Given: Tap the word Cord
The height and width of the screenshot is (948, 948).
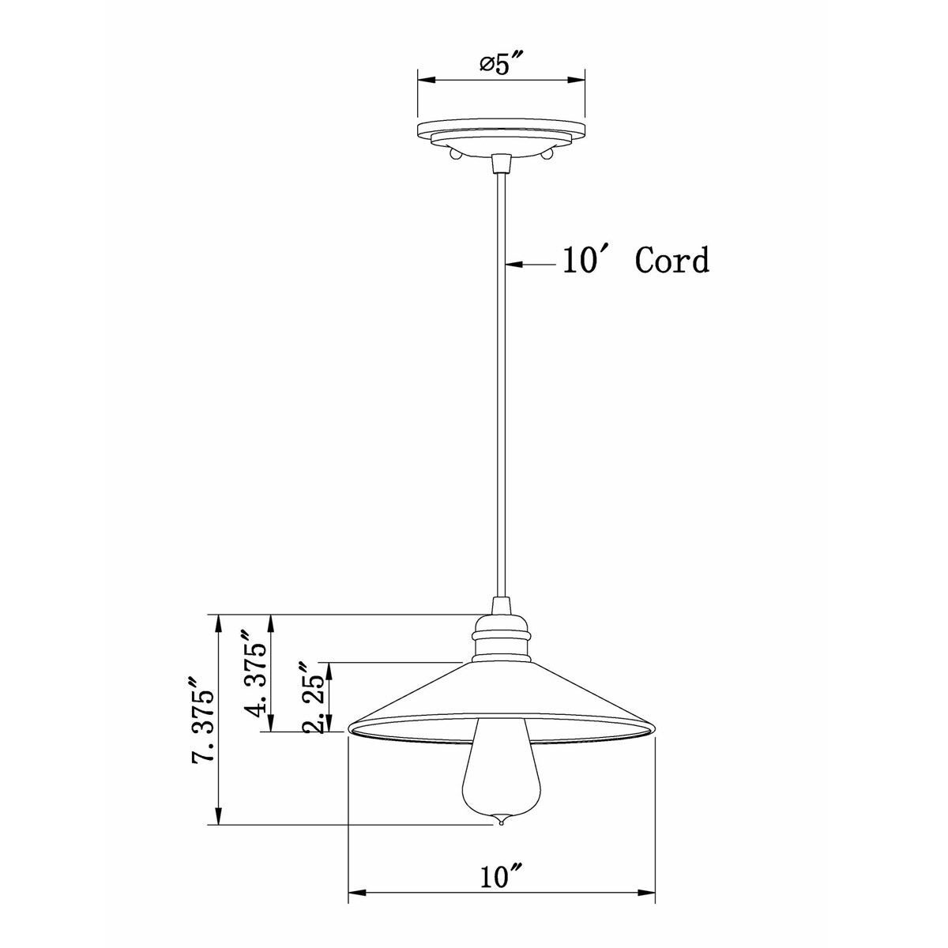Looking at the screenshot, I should (x=672, y=260).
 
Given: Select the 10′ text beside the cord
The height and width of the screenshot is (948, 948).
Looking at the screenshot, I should (x=584, y=260).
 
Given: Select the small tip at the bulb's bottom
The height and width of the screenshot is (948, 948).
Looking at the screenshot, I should (x=501, y=823).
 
